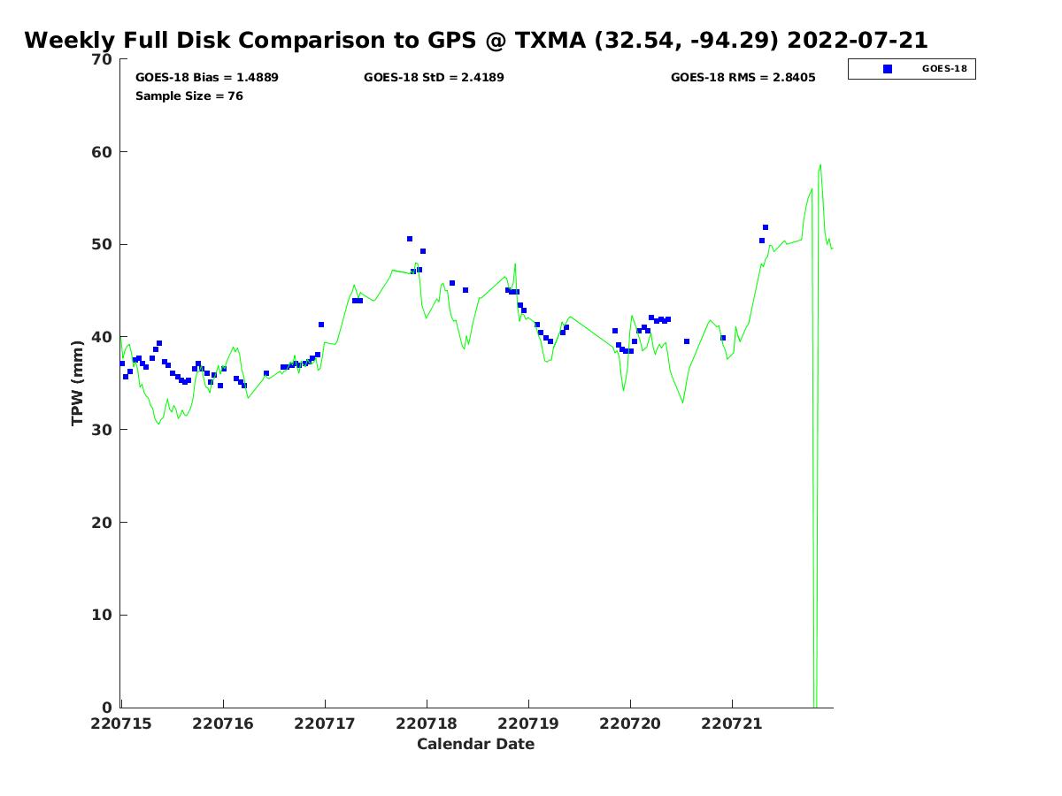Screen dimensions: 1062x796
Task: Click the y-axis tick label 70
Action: click(102, 59)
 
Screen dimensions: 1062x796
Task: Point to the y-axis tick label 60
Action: click(102, 152)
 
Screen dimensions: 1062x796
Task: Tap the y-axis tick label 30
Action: click(102, 430)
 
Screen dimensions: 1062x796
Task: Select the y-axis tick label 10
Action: click(102, 616)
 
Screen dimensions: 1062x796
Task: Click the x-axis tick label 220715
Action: click(121, 724)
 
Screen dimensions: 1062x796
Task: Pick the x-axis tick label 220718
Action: click(427, 724)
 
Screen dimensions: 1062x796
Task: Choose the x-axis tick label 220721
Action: click(732, 724)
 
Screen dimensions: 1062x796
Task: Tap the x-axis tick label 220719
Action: click(527, 724)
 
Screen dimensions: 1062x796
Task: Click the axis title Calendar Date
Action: click(475, 745)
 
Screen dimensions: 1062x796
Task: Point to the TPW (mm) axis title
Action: click(77, 383)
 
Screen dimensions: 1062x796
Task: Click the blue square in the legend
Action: click(888, 69)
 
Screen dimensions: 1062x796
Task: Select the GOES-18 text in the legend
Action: click(944, 69)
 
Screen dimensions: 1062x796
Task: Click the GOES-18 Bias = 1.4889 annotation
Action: click(206, 77)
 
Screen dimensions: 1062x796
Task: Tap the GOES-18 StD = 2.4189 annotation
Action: click(434, 77)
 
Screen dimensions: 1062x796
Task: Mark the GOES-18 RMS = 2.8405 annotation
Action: click(743, 77)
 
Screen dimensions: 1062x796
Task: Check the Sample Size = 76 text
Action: click(189, 96)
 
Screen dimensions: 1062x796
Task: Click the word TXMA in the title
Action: click(550, 40)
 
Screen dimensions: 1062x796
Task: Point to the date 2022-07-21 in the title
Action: click(858, 40)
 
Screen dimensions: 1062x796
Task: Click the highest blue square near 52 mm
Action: click(766, 227)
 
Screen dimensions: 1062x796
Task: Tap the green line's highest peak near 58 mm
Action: click(820, 165)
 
